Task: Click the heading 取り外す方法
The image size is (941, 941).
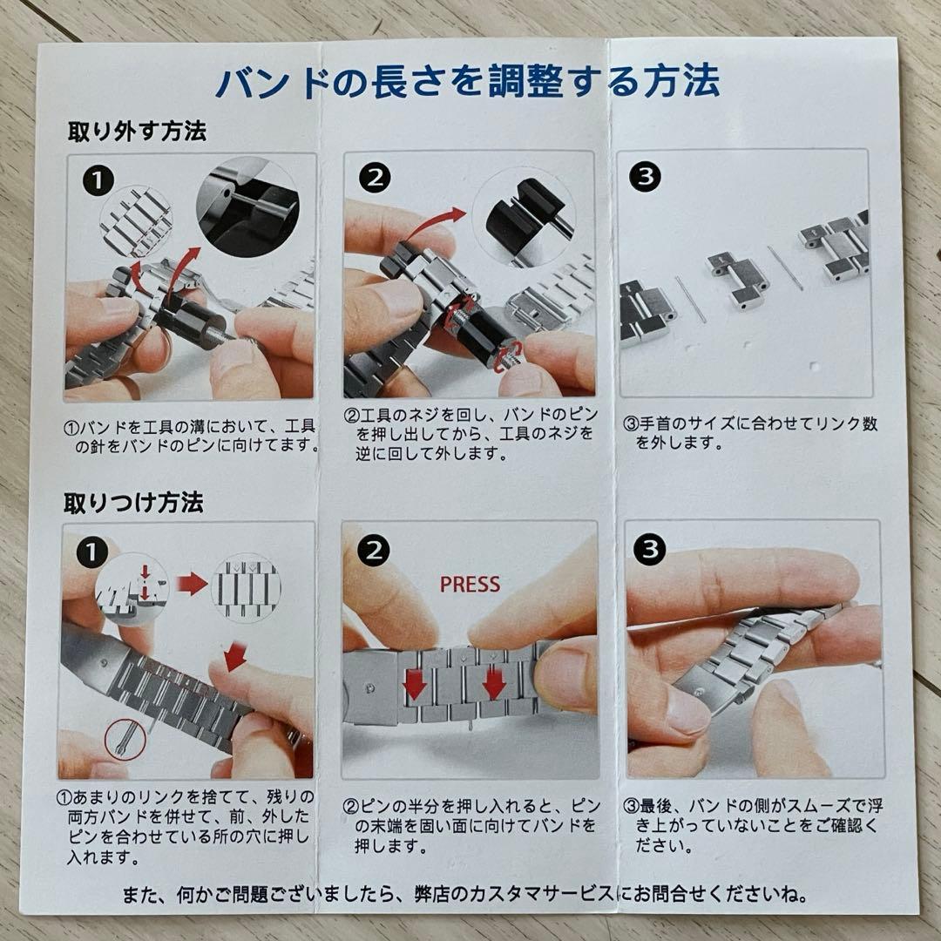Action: click(137, 132)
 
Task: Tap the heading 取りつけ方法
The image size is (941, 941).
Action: click(134, 503)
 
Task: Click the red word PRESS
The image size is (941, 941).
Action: click(470, 584)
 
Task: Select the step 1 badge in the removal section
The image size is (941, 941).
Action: click(98, 180)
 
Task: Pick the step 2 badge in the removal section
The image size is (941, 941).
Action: click(375, 178)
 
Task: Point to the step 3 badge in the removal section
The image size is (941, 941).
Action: click(645, 176)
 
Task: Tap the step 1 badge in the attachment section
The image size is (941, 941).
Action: click(91, 552)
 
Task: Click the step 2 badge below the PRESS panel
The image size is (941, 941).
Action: click(373, 551)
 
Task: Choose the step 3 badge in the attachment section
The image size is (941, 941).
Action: click(650, 549)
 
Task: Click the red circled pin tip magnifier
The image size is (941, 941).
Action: click(125, 739)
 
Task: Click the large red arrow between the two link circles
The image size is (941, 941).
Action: click(192, 584)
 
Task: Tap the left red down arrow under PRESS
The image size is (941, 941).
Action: click(415, 684)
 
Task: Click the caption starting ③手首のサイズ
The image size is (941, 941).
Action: click(751, 433)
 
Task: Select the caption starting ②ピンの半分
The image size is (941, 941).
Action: click(471, 826)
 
